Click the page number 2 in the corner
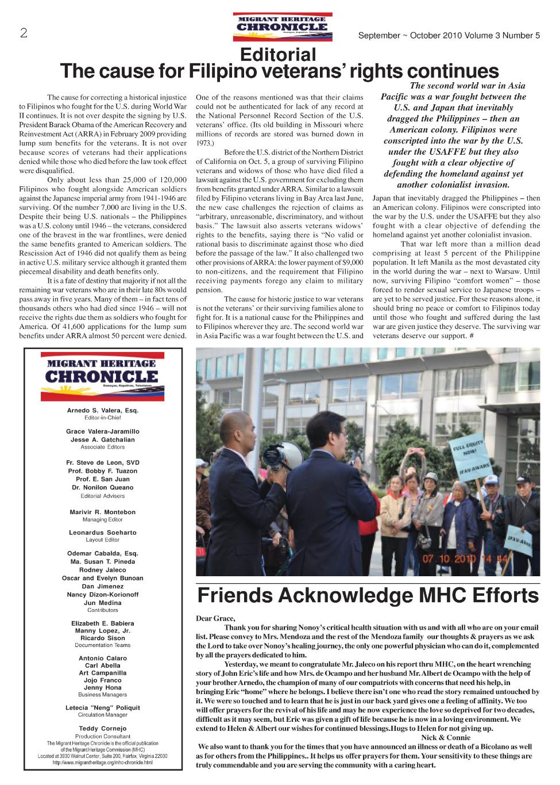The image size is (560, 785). (24, 33)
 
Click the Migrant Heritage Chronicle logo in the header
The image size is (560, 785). (282, 26)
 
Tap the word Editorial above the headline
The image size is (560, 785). (278, 55)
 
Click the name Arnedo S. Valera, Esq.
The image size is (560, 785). (103, 411)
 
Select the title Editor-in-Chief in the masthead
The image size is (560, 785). (103, 418)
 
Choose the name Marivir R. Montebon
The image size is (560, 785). (103, 512)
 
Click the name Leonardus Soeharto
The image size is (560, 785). (103, 533)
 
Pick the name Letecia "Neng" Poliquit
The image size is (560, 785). (103, 708)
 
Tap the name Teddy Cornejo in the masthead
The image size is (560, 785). (103, 729)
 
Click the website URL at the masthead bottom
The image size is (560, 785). (103, 763)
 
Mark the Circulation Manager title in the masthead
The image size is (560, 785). (103, 715)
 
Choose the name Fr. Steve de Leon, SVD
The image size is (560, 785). (103, 463)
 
